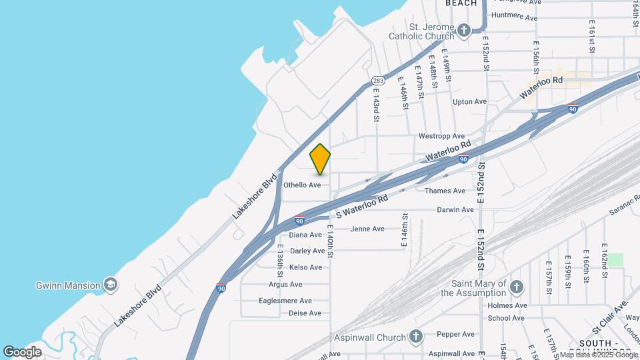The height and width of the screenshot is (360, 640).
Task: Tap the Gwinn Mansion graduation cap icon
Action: click(x=111, y=285)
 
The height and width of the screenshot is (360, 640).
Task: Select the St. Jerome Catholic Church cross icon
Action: click(x=464, y=30)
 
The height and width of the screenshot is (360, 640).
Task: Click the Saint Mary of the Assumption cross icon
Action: click(x=515, y=287)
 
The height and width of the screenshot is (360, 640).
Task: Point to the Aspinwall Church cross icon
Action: click(x=416, y=336)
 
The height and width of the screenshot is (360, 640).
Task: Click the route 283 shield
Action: click(x=378, y=80)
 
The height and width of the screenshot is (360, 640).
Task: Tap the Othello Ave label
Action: click(x=303, y=185)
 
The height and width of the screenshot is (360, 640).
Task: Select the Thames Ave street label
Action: click(x=445, y=191)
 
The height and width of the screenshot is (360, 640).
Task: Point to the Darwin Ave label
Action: click(x=455, y=209)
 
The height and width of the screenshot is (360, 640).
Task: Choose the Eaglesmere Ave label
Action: click(x=286, y=301)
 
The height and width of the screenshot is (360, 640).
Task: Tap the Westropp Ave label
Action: click(x=441, y=136)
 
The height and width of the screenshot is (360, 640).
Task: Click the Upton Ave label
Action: click(x=469, y=102)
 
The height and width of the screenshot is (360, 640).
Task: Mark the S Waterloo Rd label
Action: click(x=362, y=207)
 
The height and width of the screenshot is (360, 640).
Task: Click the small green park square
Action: click(x=615, y=259)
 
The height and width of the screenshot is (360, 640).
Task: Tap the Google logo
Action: click(x=22, y=351)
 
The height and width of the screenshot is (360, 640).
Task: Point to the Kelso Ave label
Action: click(x=305, y=267)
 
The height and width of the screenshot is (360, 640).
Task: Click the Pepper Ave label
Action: click(x=455, y=334)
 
